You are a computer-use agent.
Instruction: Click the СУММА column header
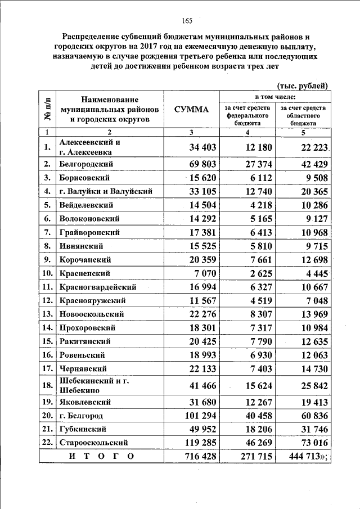(191, 109)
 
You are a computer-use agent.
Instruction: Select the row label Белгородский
(87, 164)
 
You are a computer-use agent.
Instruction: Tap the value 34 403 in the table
(198, 147)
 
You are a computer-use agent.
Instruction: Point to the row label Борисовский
(84, 178)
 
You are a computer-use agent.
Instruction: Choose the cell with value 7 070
(204, 273)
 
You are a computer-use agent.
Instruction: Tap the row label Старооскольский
(93, 443)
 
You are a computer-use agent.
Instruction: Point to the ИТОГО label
(102, 457)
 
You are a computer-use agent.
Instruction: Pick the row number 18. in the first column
(47, 386)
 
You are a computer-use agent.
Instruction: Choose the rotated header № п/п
(47, 109)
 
